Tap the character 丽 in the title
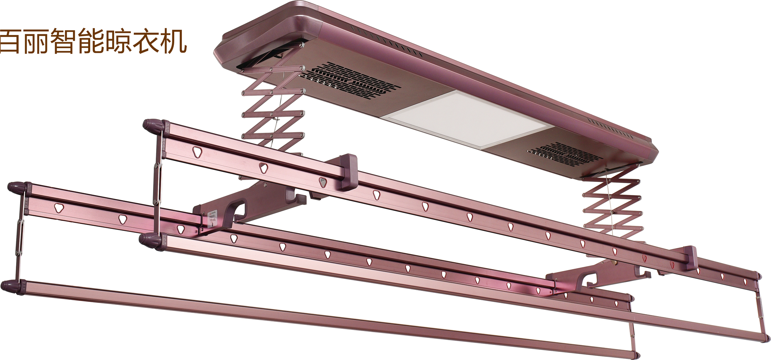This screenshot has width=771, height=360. (x=35, y=41)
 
